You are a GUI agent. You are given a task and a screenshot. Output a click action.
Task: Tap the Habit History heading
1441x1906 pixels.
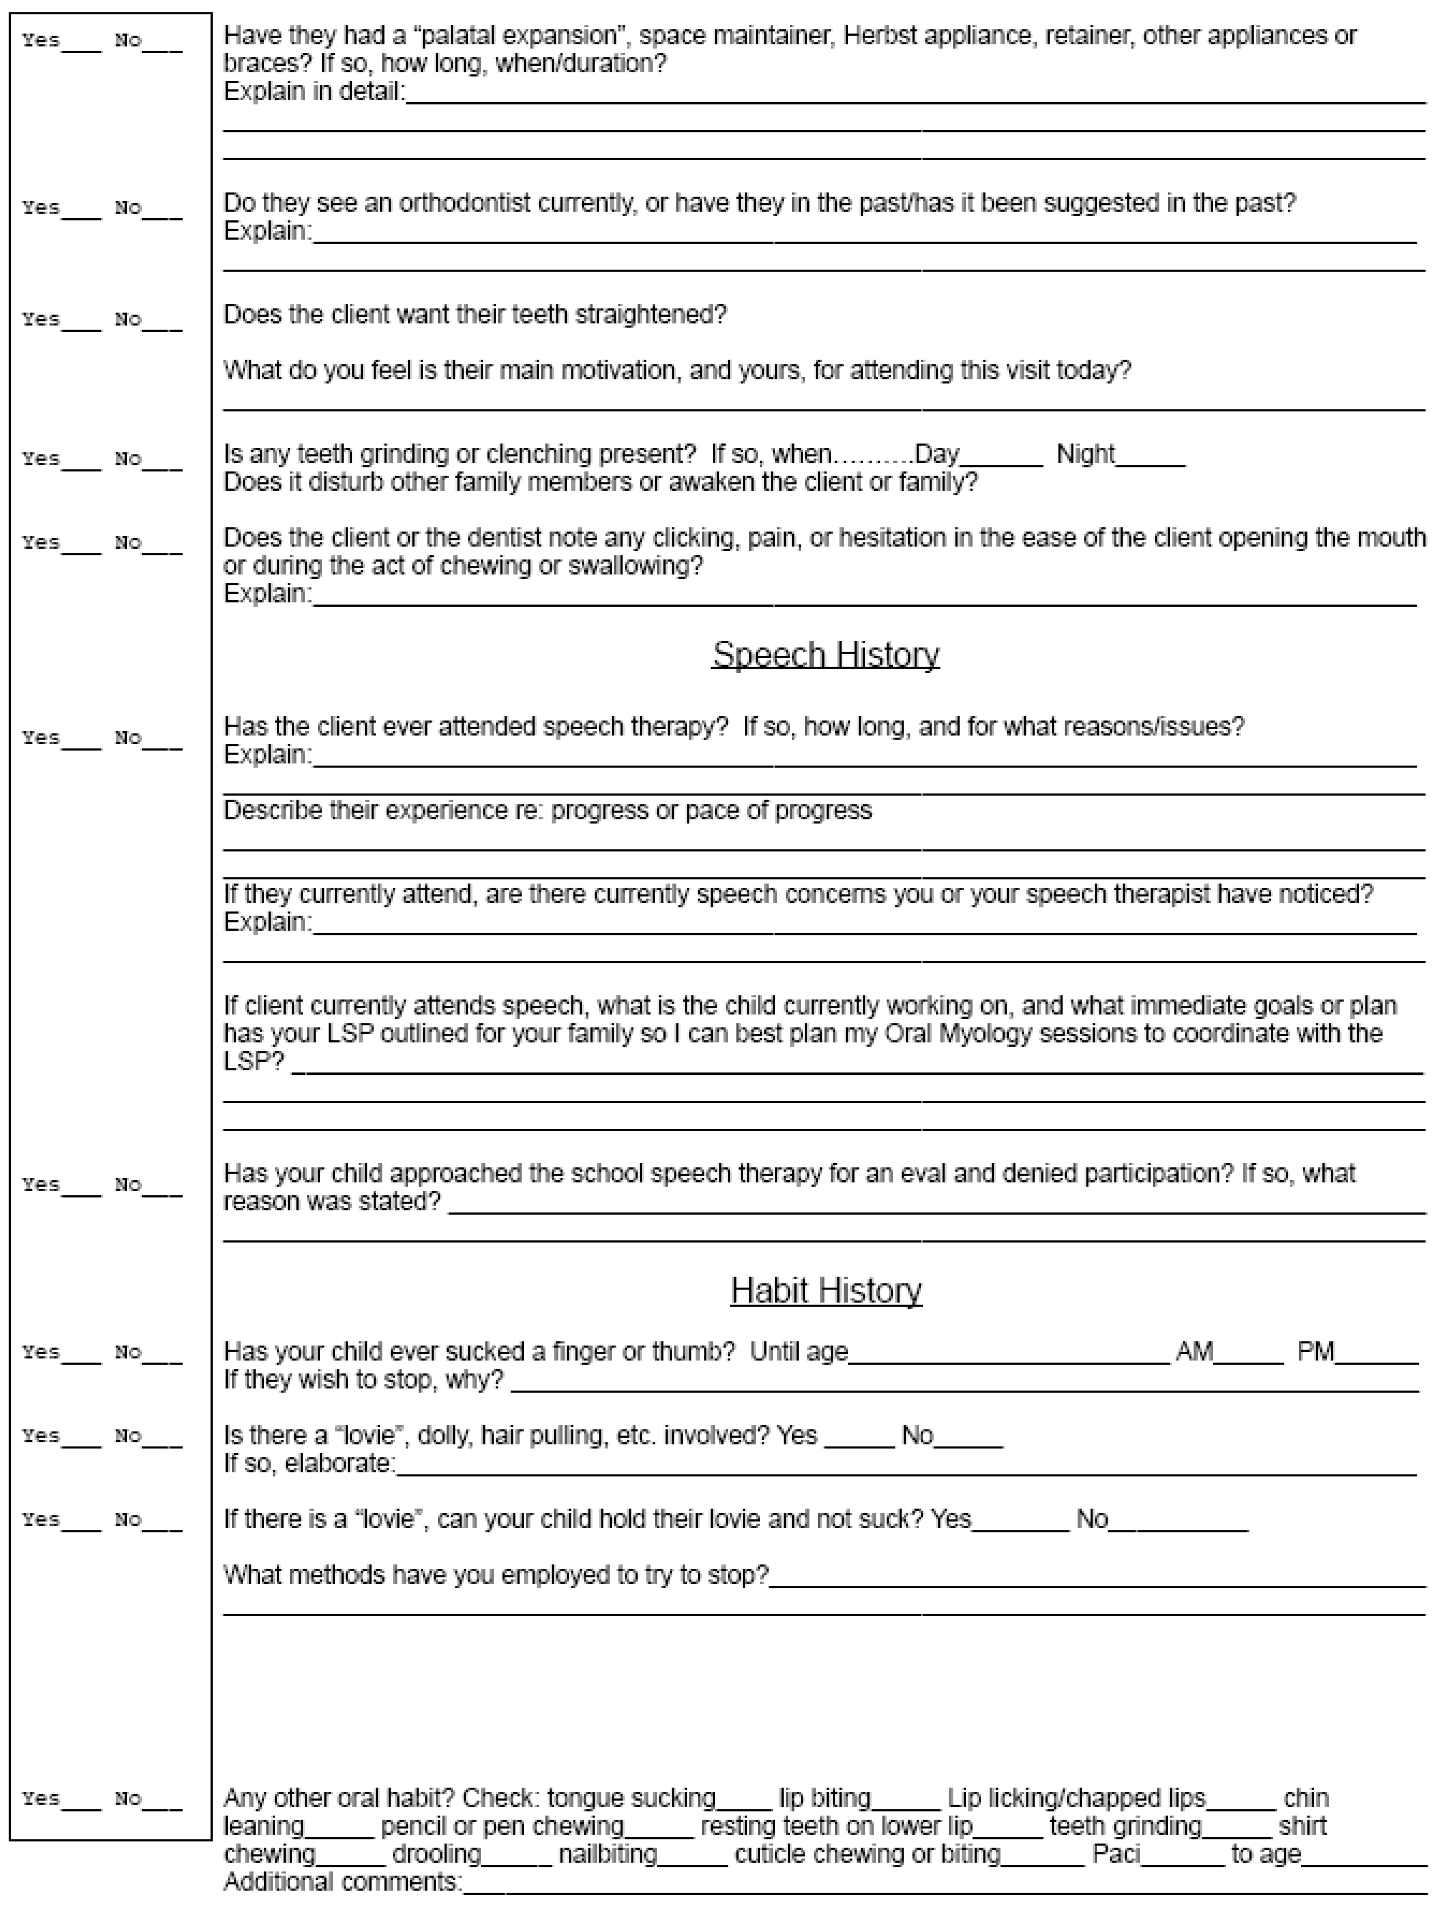pyautogui.click(x=826, y=1291)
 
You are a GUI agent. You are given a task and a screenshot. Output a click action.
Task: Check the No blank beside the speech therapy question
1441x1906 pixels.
pyautogui.click(x=162, y=743)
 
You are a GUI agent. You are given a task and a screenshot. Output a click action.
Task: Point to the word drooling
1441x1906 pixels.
pyautogui.click(x=436, y=1854)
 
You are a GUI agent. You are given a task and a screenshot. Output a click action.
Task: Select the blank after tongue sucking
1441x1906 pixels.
pyautogui.click(x=744, y=1802)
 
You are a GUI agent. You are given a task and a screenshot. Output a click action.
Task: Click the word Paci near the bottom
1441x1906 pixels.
pyautogui.click(x=1116, y=1854)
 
